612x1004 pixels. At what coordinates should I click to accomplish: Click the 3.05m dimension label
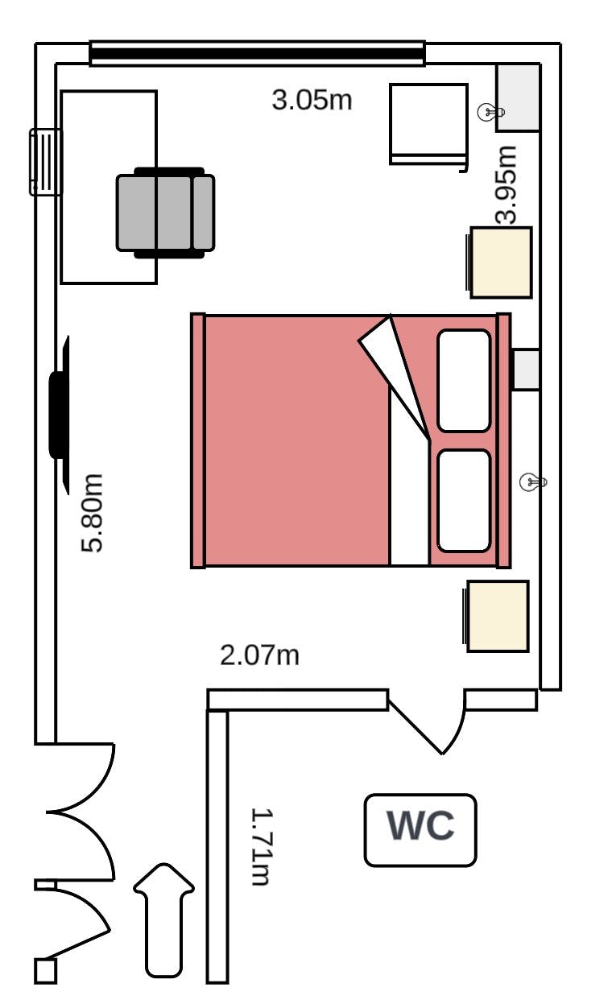pos(312,100)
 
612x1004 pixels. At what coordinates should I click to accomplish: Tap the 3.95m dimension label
pos(507,184)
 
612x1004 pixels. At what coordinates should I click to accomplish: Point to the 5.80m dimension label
pos(93,513)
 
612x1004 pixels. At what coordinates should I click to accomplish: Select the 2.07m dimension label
pos(259,655)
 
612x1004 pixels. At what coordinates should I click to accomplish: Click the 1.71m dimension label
pos(261,847)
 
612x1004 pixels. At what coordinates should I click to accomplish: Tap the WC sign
pos(420,825)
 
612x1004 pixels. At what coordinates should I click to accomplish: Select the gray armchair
pos(165,213)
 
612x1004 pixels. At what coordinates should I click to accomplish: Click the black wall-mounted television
pos(60,415)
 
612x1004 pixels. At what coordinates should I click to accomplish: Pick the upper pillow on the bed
pos(464,381)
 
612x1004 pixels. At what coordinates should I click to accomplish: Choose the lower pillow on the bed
pos(464,501)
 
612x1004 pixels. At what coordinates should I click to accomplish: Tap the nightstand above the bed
pos(499,262)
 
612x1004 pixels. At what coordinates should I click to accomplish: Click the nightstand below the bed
pos(497,616)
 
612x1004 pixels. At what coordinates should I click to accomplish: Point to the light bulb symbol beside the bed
pos(532,482)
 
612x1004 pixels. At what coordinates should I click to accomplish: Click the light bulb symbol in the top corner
pos(490,112)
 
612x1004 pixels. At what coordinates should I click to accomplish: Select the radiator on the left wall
pos(45,163)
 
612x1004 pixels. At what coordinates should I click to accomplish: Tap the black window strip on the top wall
pos(258,54)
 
